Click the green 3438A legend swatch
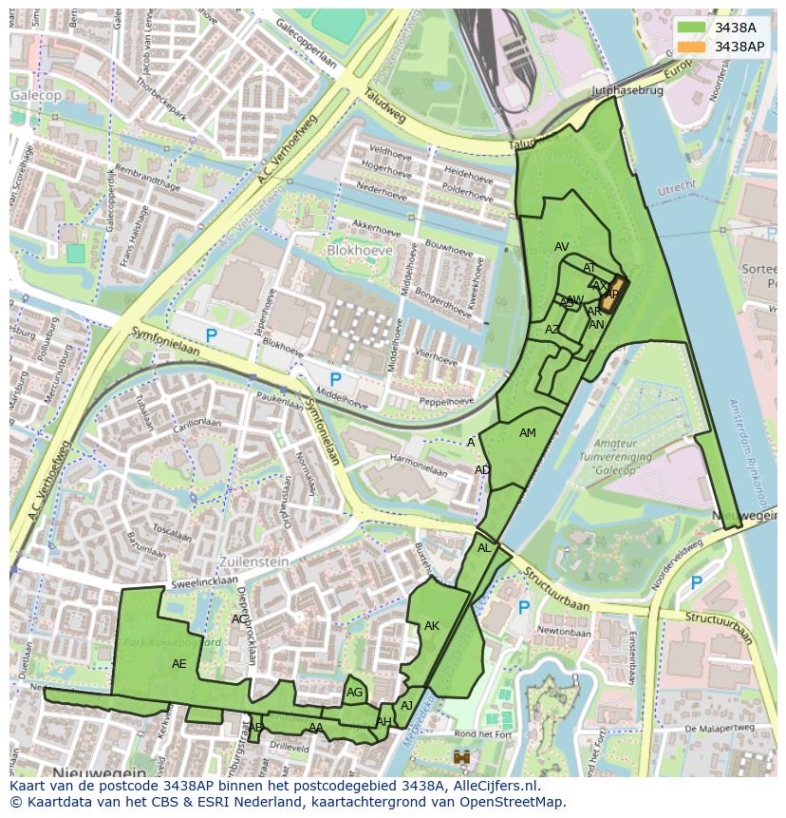692,28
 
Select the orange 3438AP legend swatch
692,47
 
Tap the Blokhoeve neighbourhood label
359,250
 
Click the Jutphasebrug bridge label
625,92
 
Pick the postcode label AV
562,247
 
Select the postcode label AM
528,433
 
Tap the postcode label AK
432,626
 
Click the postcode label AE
178,664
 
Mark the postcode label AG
355,693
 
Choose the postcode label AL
484,548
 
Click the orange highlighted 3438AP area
614,295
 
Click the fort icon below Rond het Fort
463,757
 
